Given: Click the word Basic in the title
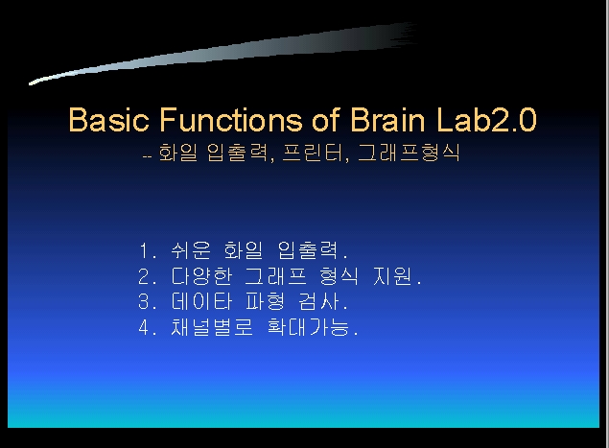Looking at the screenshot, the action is tap(108, 119).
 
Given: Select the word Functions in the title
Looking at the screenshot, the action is tap(231, 119).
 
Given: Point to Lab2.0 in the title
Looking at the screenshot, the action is tap(486, 119).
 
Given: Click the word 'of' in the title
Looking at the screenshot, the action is tap(326, 119).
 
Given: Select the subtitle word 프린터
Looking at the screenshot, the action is tap(313, 153).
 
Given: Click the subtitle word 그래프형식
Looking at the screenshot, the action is tap(409, 153).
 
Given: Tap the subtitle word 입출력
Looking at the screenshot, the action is tap(238, 153).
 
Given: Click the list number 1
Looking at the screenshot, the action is tap(144, 251).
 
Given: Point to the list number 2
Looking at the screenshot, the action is tap(144, 276).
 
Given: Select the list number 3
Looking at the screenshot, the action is tap(144, 301).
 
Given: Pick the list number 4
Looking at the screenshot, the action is tap(144, 327).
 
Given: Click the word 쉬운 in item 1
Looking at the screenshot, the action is tap(191, 250).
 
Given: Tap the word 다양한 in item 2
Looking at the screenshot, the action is tap(201, 276).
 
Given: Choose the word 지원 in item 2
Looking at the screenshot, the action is tap(392, 276).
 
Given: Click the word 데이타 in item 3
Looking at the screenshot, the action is tap(201, 301).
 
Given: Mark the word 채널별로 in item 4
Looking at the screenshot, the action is tap(212, 327).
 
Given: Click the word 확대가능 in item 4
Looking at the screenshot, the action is tap(309, 327).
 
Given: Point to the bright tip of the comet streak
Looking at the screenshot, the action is tap(31, 83).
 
